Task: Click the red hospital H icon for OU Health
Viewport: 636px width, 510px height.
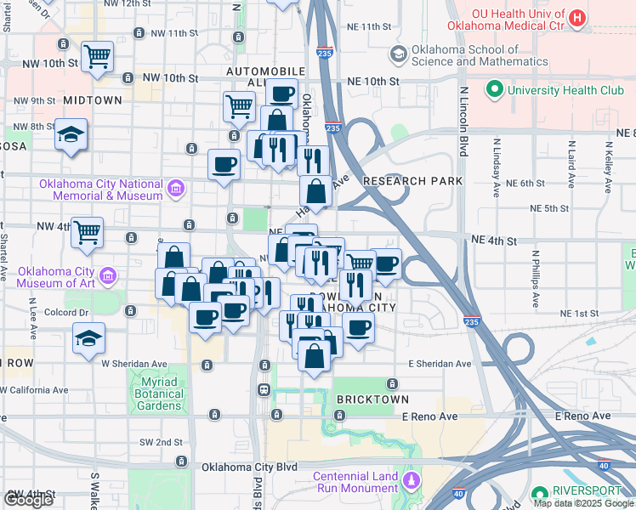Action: click(577, 18)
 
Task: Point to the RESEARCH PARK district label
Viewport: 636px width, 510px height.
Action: click(412, 181)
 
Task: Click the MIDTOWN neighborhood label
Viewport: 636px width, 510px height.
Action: click(92, 100)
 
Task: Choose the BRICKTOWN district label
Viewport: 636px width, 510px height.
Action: click(372, 399)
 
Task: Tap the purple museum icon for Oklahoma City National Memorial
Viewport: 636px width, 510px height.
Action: click(176, 188)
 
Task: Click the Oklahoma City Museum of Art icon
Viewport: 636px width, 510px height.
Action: click(108, 275)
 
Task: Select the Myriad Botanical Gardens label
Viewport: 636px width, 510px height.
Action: click(158, 394)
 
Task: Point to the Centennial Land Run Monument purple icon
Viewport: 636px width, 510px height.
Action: click(412, 482)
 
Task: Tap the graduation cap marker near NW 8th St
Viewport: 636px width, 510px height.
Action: click(71, 135)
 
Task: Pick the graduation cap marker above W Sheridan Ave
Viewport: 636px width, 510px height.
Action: click(89, 338)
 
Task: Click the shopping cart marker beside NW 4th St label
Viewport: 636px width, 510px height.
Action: click(88, 232)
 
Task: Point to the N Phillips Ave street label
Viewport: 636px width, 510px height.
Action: click(537, 278)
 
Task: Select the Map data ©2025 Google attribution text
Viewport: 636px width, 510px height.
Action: click(582, 503)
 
